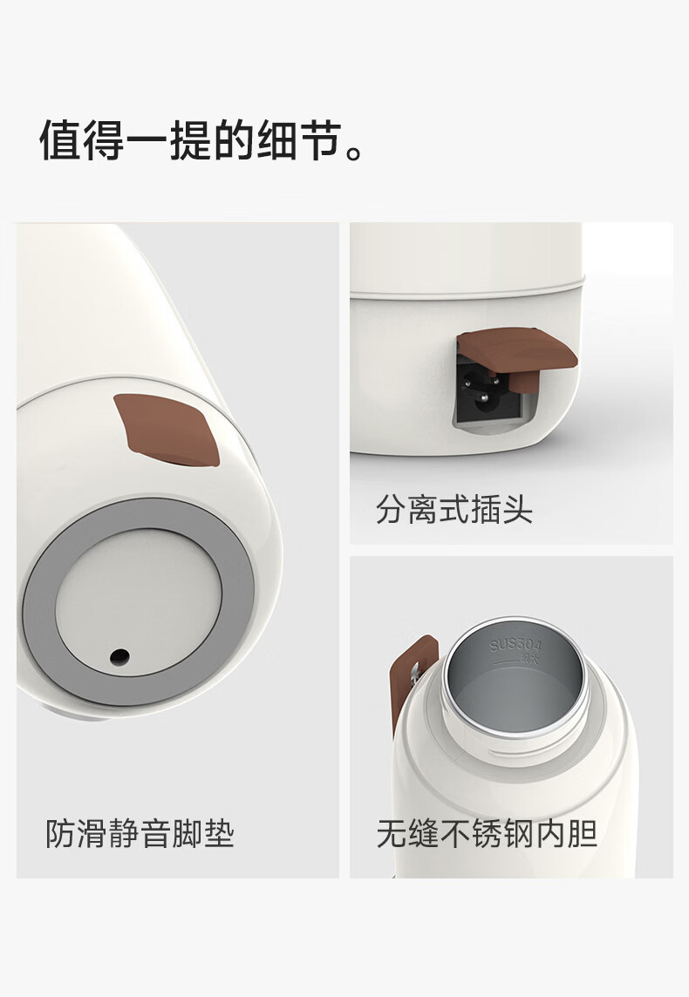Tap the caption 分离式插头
pos(454,509)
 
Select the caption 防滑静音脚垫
pos(140,833)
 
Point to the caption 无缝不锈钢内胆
pos(487,833)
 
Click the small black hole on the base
pos(119,657)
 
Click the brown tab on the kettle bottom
pos(167,429)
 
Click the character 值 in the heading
pos(60,140)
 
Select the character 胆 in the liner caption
pos(582,833)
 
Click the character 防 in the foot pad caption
pos(60,833)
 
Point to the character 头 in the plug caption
pos(517,509)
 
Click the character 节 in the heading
pos(321,140)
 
